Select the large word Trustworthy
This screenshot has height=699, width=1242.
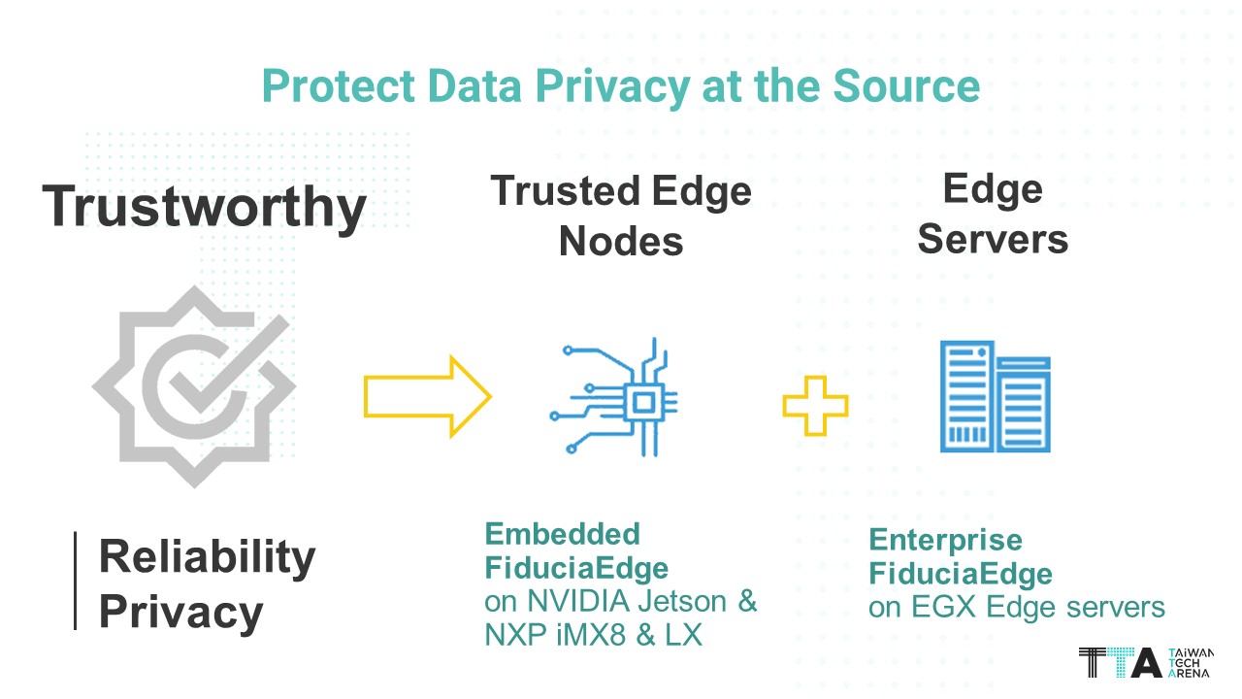[x=205, y=207]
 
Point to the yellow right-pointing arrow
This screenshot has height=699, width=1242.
[x=427, y=396]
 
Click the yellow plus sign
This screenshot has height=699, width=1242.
[x=815, y=406]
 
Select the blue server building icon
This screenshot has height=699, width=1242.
[x=995, y=396]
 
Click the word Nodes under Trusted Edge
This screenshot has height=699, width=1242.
[x=621, y=241]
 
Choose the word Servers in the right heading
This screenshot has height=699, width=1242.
[x=993, y=239]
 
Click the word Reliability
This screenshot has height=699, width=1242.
[x=208, y=557]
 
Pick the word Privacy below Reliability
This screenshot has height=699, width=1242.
[x=181, y=613]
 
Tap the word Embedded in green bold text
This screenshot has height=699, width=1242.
[x=562, y=534]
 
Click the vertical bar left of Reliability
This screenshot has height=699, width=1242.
[x=76, y=581]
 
